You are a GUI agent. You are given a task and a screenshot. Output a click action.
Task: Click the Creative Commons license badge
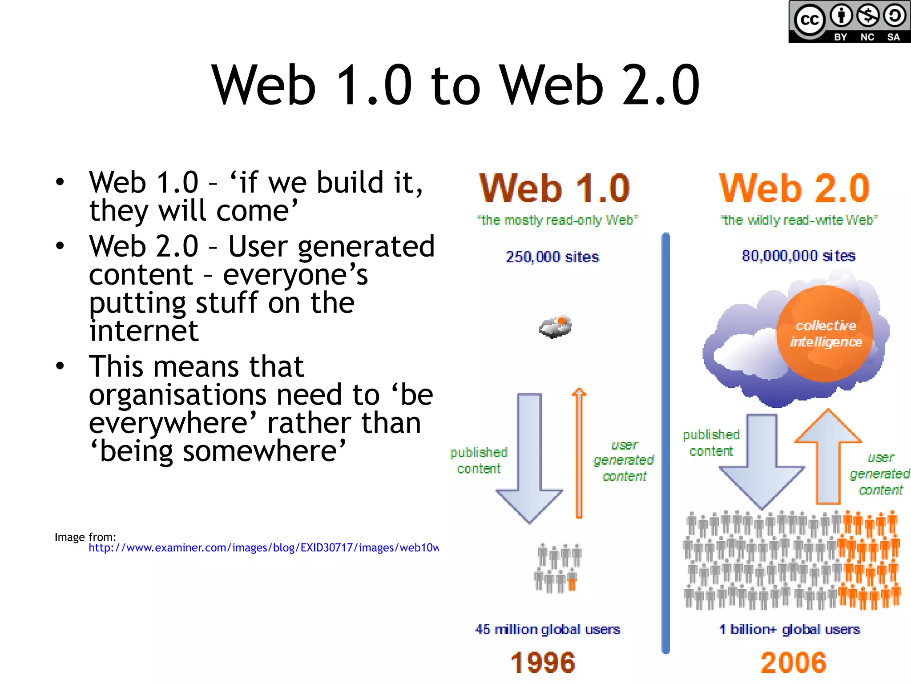849,22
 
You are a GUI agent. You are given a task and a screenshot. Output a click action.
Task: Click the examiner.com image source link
263,548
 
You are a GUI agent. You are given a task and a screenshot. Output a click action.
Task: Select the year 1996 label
543,663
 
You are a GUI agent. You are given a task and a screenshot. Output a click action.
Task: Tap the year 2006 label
794,663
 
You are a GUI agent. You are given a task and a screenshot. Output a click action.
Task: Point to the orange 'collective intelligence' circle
825,333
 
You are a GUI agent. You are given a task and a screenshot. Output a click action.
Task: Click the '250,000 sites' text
552,257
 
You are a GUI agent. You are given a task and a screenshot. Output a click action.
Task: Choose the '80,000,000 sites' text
798,256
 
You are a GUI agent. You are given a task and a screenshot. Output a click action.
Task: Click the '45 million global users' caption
547,629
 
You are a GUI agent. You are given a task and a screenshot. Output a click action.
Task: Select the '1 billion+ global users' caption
790,629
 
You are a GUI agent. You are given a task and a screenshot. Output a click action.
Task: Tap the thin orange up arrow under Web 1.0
579,454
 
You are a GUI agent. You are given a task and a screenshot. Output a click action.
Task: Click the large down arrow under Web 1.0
529,458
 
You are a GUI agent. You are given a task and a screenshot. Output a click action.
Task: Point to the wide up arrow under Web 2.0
828,458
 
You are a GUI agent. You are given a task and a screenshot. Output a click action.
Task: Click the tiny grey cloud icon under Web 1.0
555,327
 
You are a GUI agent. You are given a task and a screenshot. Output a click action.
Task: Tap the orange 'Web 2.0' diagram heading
794,189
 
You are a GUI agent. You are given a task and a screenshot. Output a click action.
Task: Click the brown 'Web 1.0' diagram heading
554,189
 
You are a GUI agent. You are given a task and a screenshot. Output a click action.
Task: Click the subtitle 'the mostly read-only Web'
557,220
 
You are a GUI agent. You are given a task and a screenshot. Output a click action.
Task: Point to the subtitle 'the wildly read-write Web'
799,220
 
